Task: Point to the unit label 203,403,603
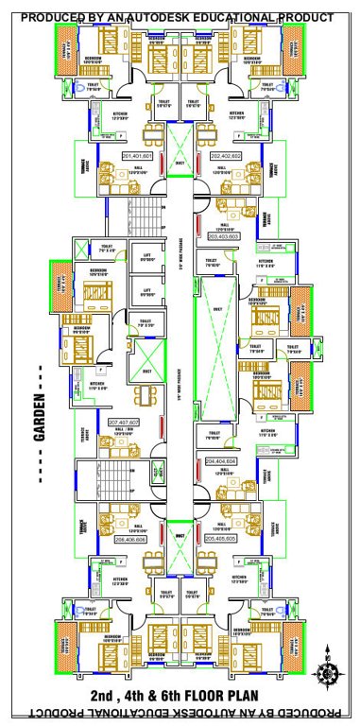[x=222, y=236]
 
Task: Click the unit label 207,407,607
[x=124, y=422]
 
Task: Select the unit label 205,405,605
[x=223, y=538]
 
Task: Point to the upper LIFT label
[x=146, y=255]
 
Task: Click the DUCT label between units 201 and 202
[x=180, y=162]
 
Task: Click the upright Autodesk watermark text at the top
[x=177, y=18]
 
